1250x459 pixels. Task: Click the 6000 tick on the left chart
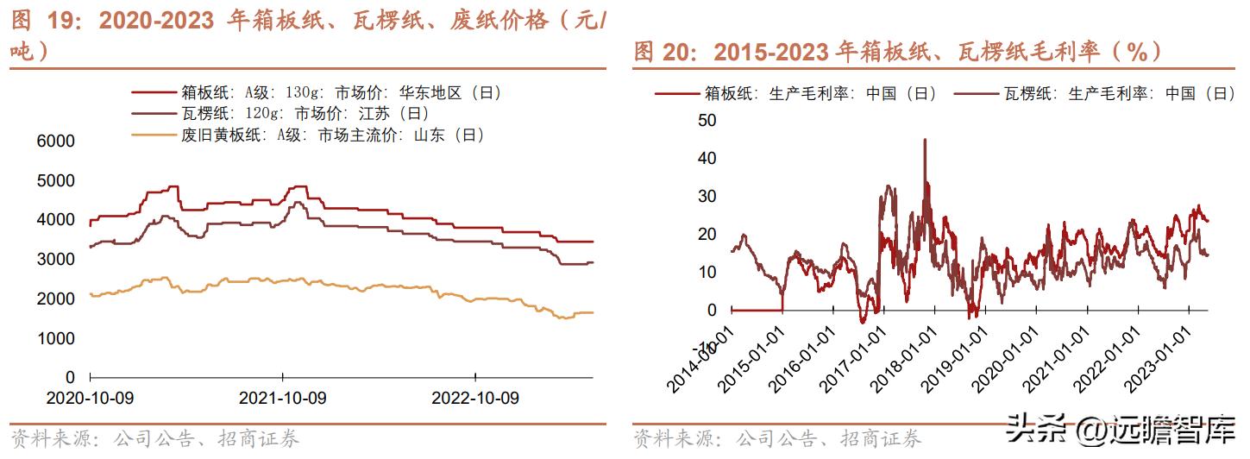(x=56, y=141)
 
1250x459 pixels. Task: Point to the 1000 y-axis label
(x=56, y=338)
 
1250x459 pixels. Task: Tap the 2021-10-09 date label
(x=283, y=399)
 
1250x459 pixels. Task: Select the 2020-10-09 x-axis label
(x=91, y=399)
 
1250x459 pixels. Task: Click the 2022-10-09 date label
(x=475, y=399)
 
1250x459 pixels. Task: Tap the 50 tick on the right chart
(x=707, y=121)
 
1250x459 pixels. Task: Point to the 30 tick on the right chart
(x=707, y=197)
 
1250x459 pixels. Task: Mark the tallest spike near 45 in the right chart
(x=925, y=141)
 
